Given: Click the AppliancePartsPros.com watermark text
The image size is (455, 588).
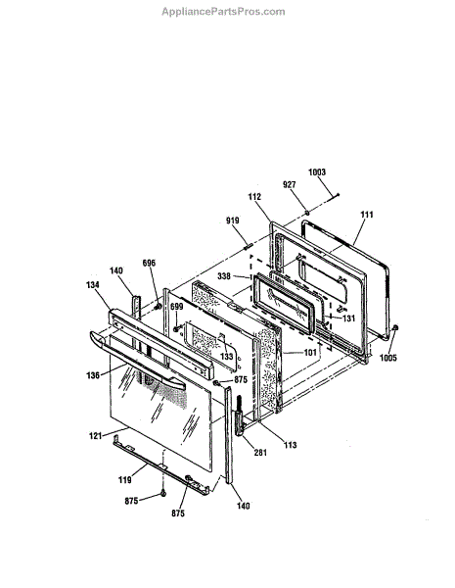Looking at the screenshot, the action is click(223, 12).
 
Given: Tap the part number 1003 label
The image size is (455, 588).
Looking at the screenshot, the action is click(317, 172).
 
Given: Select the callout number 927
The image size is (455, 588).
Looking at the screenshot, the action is click(289, 184).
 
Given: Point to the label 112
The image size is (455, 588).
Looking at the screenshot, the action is click(254, 197).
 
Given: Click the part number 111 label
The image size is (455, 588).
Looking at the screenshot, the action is click(367, 215).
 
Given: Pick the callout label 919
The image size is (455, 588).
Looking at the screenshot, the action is click(233, 220).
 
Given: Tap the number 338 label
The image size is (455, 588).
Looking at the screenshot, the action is click(224, 276).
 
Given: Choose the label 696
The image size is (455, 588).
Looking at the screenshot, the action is click(149, 263).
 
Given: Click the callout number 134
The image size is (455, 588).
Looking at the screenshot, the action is click(93, 284).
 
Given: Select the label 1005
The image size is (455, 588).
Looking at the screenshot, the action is click(387, 358).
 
